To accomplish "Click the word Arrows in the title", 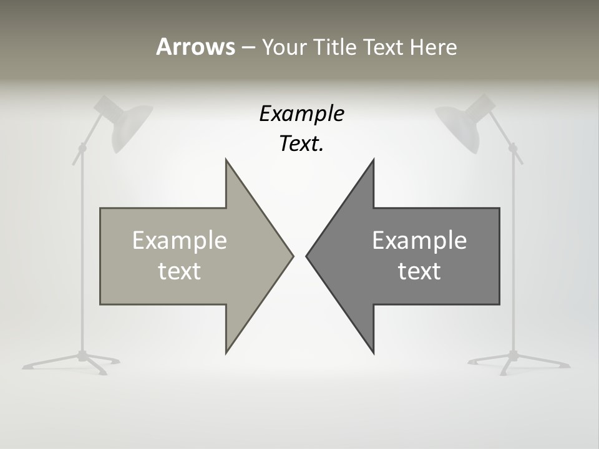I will click(195, 47).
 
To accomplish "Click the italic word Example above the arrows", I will click(302, 113).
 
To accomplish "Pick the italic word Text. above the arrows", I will click(301, 143).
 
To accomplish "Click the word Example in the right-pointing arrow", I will click(180, 240).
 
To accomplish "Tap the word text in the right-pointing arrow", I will click(180, 271).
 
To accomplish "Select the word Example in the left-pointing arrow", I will click(419, 240).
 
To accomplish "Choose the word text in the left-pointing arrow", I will click(419, 271).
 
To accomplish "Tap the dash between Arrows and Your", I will click(248, 48).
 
